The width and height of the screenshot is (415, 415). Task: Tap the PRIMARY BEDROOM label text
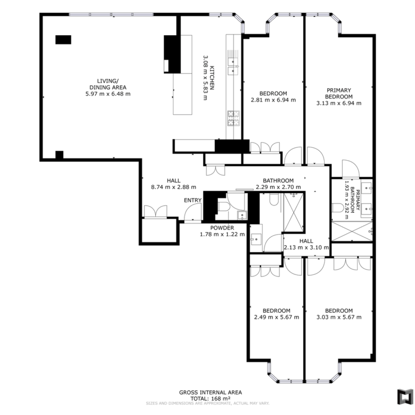click(x=339, y=94)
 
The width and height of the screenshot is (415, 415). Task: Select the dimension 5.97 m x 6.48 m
click(x=108, y=94)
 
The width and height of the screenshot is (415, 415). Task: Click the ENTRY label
click(x=193, y=201)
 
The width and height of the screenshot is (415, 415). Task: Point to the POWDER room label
click(x=222, y=228)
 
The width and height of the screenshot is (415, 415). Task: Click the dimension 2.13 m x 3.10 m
click(x=306, y=247)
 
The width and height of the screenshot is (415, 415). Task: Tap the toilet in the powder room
click(x=224, y=207)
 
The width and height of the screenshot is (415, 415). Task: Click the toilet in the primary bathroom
click(x=338, y=207)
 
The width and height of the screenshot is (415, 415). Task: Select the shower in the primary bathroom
click(x=352, y=231)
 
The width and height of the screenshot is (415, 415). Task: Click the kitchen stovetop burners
click(x=234, y=118)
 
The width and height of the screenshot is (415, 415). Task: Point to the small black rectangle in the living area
click(x=63, y=40)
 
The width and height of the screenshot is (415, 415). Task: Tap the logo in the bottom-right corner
click(x=405, y=396)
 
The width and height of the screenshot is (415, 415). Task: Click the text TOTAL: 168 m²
click(x=210, y=399)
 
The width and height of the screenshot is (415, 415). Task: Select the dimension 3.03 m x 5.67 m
click(x=339, y=317)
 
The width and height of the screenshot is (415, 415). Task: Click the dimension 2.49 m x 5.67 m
click(x=277, y=317)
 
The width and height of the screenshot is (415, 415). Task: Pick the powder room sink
click(x=242, y=215)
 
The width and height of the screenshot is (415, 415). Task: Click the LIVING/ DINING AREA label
click(x=108, y=84)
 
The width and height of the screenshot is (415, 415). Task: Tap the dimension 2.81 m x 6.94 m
click(x=273, y=100)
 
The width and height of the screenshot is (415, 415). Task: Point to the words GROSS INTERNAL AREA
click(x=210, y=393)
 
